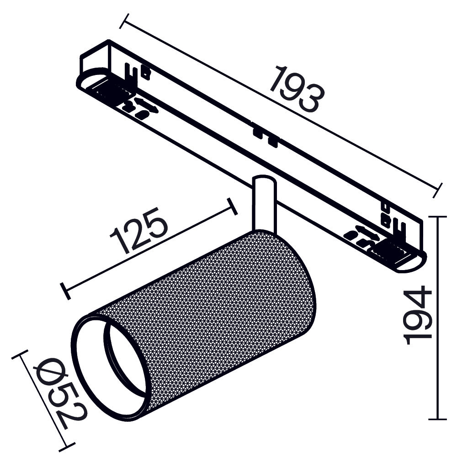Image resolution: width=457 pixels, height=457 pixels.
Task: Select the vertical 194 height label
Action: click(418, 315)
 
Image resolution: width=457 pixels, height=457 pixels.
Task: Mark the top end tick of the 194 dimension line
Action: click(438, 217)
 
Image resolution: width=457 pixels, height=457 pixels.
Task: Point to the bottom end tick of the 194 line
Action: click(438, 419)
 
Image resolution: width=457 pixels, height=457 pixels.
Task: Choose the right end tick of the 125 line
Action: click(233, 207)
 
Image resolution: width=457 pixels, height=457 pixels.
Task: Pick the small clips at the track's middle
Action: click(265, 137)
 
